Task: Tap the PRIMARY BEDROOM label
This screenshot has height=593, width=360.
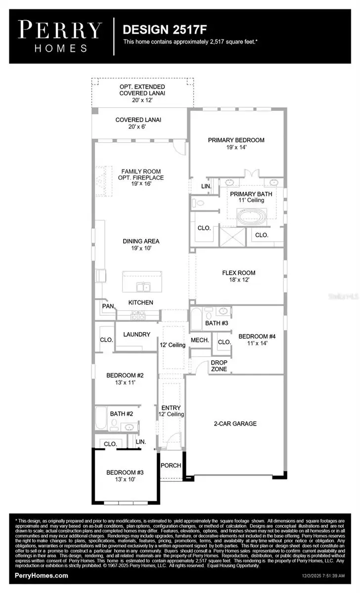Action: click(x=236, y=140)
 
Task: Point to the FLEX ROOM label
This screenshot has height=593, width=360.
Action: click(x=238, y=273)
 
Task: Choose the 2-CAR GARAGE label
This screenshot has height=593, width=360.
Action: click(x=235, y=424)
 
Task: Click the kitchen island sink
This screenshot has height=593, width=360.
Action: click(x=144, y=286)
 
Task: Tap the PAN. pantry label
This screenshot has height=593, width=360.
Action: click(x=108, y=306)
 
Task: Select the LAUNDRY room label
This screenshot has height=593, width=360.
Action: click(x=137, y=335)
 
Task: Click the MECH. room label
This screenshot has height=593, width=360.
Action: click(x=199, y=340)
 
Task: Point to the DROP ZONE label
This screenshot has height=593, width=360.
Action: click(x=219, y=366)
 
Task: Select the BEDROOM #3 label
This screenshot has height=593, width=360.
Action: click(x=121, y=472)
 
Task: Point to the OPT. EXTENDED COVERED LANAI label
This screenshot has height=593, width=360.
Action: click(x=142, y=89)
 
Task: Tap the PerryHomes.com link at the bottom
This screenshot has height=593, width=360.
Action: click(x=42, y=575)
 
